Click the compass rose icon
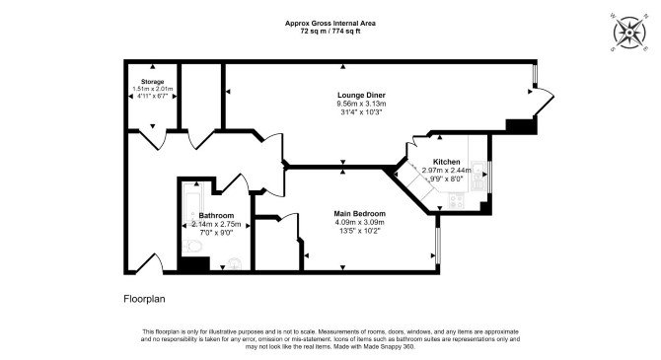(629, 33)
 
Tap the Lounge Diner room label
(361, 96)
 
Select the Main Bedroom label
(359, 214)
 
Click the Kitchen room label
(447, 162)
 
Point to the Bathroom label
(216, 216)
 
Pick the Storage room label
(152, 82)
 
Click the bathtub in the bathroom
(193, 202)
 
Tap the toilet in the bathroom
(192, 246)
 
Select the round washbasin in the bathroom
(234, 264)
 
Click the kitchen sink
(477, 169)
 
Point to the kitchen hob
(456, 199)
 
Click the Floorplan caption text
(144, 299)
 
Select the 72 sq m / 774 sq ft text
(330, 31)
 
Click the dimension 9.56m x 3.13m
(361, 104)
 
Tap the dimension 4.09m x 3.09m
(359, 222)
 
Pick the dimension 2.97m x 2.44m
(447, 171)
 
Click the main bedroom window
(438, 246)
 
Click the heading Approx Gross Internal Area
(330, 24)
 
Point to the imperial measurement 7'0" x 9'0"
(216, 233)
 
